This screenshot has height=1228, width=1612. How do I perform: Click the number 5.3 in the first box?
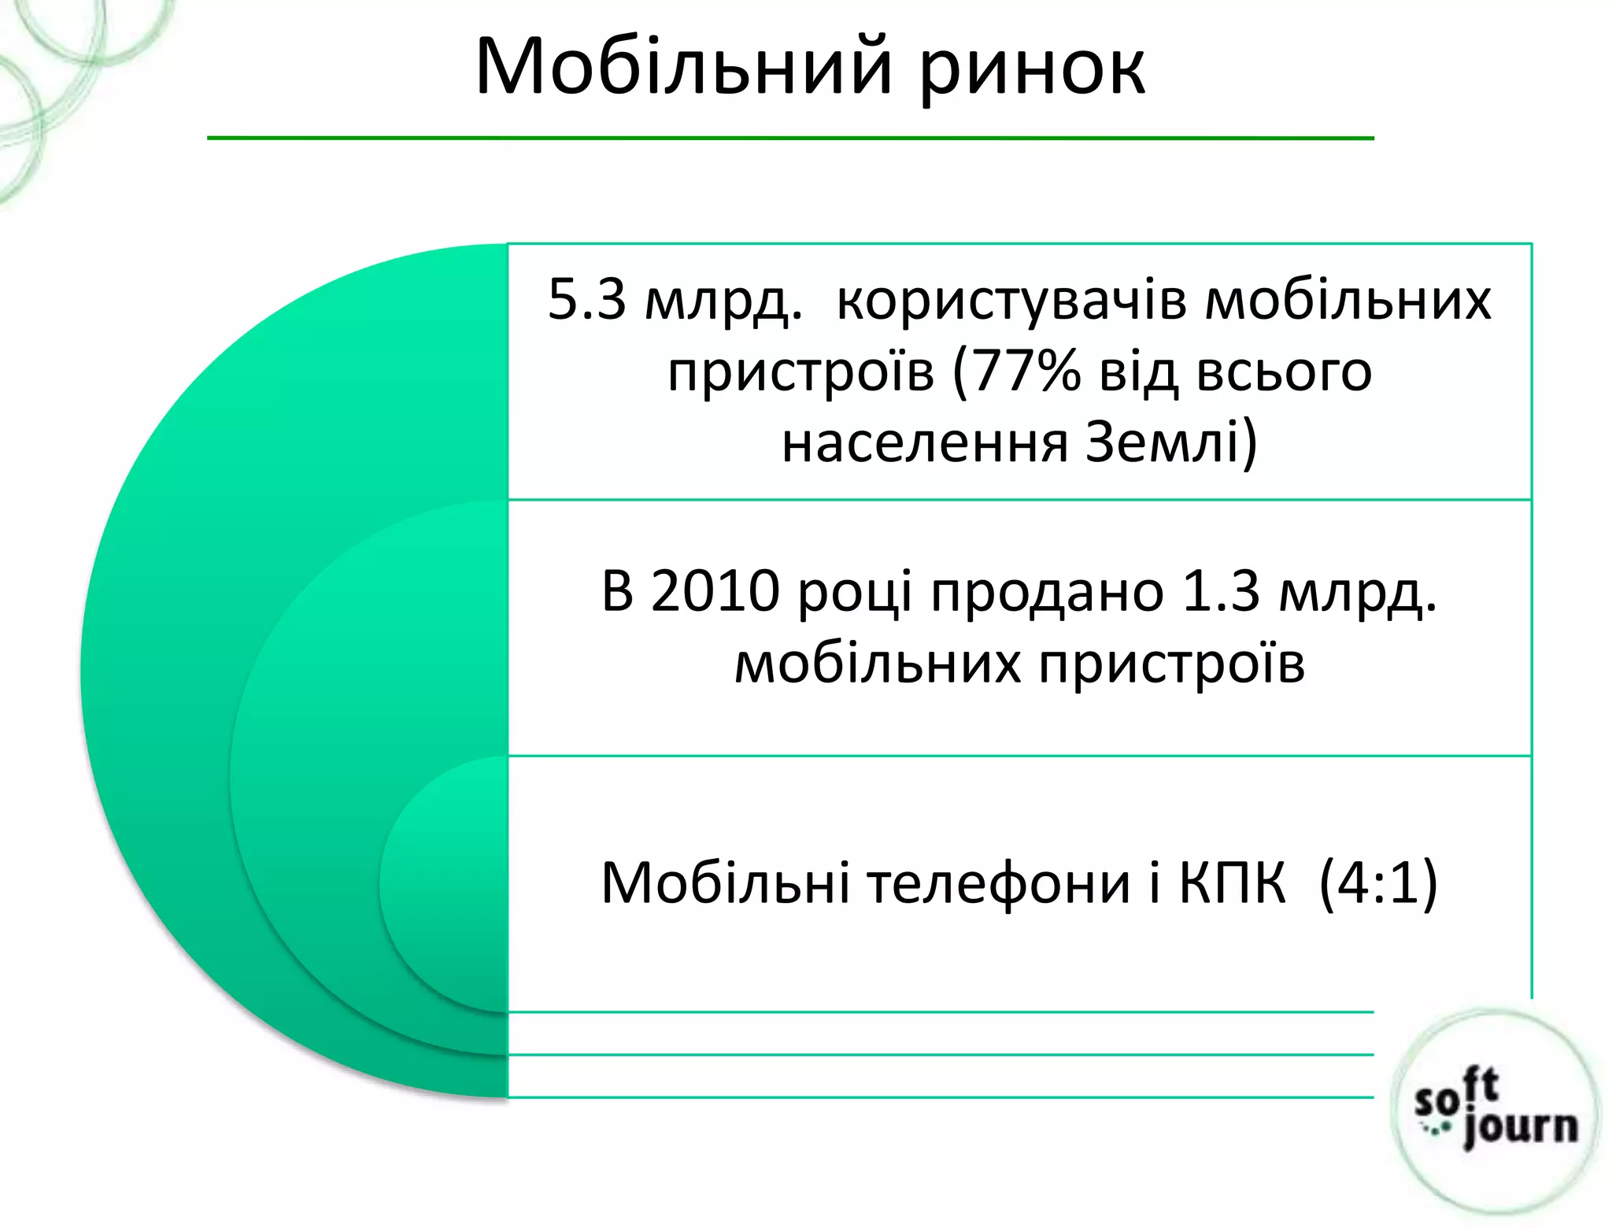[586, 299]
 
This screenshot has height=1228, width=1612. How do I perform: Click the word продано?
[1047, 592]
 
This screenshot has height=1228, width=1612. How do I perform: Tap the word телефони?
[999, 883]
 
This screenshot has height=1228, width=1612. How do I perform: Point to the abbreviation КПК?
[1232, 883]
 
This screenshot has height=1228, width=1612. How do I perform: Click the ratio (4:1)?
[1377, 883]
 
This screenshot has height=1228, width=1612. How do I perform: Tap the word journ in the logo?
[1519, 1127]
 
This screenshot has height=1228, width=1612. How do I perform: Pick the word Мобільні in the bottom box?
[725, 883]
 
